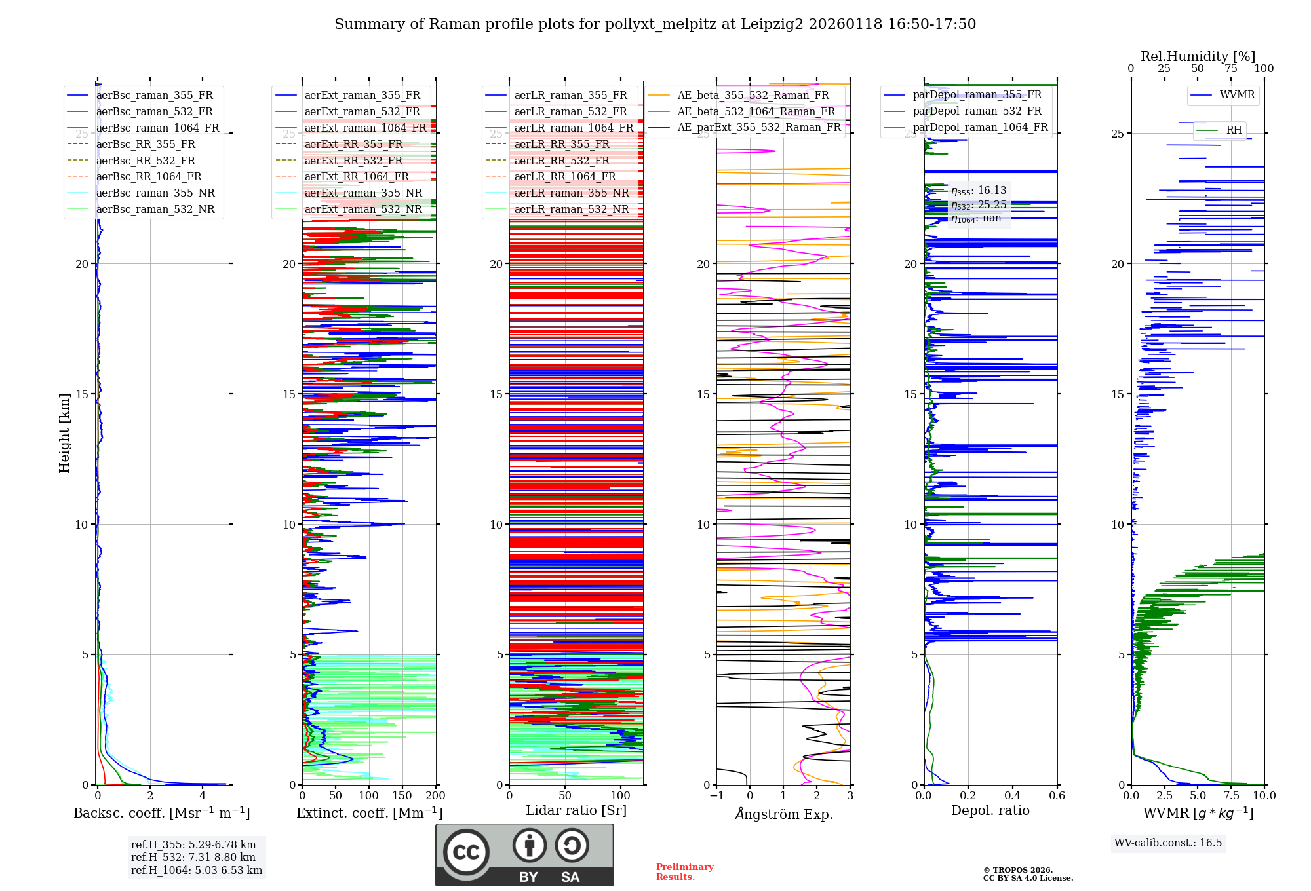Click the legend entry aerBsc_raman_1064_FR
157,128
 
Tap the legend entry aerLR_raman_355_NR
571,193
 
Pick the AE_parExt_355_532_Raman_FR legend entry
758,127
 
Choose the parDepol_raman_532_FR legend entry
977,111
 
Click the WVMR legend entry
1237,95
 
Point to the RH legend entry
1234,130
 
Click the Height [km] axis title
64,433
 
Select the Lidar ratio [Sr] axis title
576,810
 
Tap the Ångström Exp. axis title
783,814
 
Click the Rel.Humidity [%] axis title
1198,56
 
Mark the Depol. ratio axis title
990,810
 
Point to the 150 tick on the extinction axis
402,795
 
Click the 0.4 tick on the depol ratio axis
1013,795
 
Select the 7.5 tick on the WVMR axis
1231,795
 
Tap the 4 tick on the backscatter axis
203,795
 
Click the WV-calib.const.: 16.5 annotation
1167,843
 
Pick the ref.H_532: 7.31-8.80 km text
193,857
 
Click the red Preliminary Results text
684,871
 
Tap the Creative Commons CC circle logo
466,852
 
